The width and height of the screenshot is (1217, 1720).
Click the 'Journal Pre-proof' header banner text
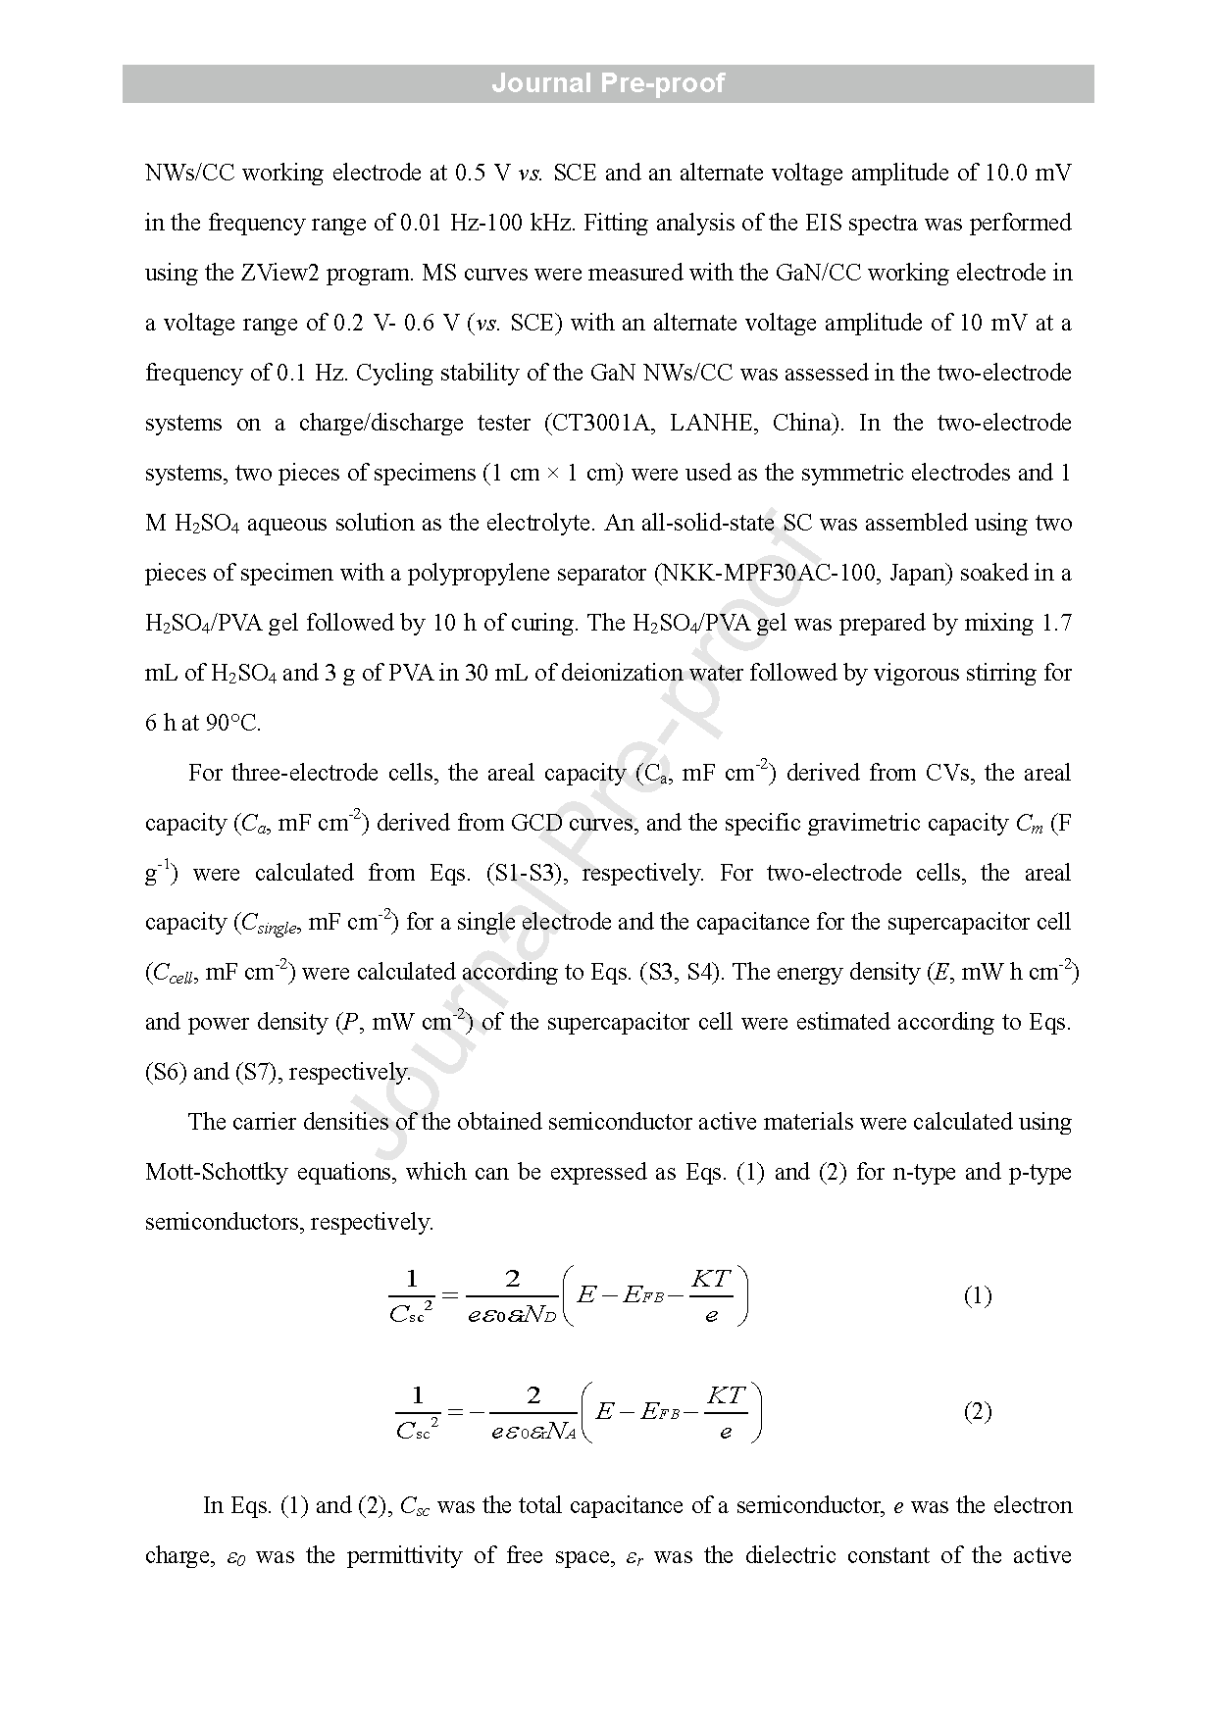[608, 83]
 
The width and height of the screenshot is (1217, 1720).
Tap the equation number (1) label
[977, 1296]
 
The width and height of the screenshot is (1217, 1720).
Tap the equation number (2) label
[977, 1412]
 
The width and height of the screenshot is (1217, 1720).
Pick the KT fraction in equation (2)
[726, 1412]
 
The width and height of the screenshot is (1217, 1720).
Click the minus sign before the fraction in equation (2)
[478, 1412]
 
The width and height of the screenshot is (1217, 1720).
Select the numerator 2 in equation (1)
[512, 1279]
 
